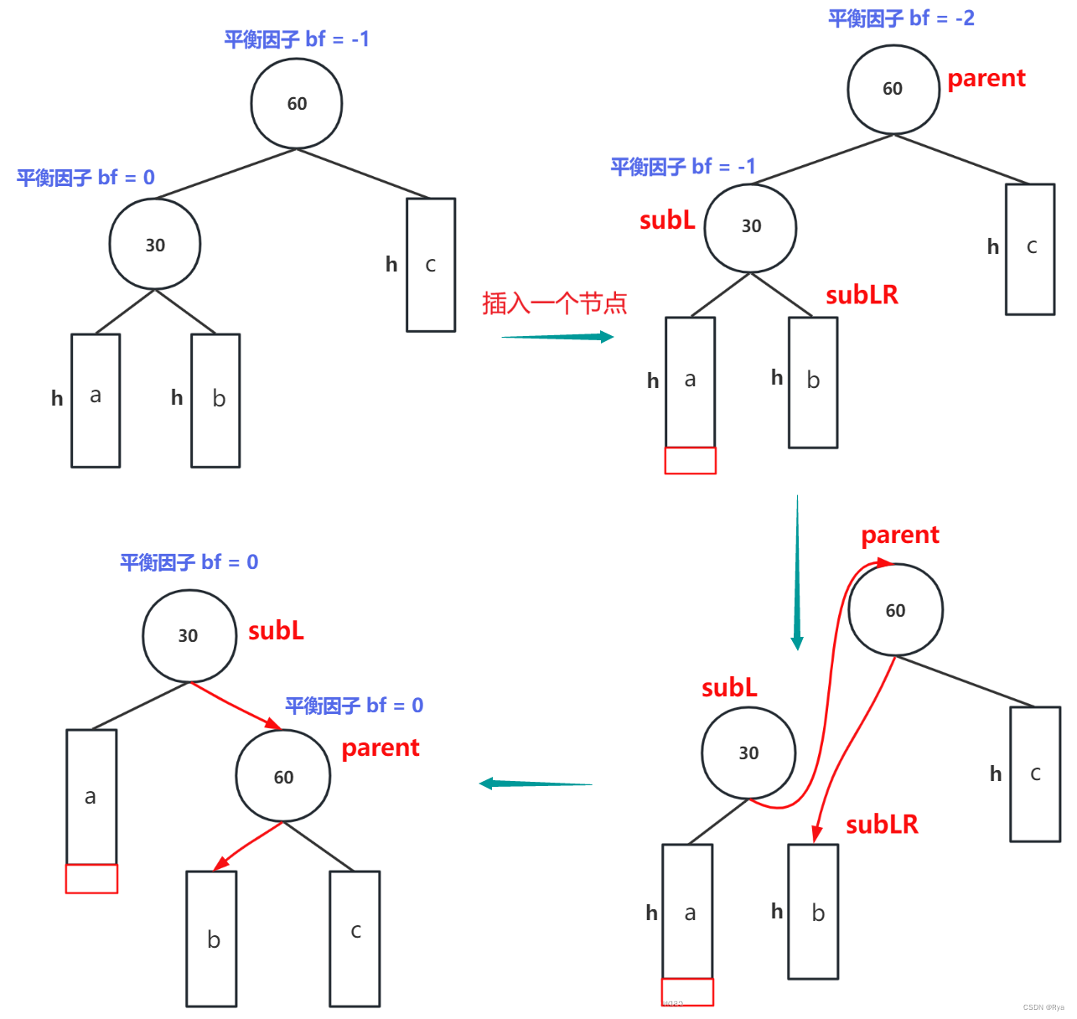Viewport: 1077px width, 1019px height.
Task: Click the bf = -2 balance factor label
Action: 901,18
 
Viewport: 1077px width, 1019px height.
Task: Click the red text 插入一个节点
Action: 554,303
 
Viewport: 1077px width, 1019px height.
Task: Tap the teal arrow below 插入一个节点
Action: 557,336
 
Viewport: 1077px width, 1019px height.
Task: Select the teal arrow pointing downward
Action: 797,572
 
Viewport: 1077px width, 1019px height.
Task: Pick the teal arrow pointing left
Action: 536,784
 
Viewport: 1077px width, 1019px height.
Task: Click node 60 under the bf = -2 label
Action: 893,90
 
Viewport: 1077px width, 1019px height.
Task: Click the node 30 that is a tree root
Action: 189,635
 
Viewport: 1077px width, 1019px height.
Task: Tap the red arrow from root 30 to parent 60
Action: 236,706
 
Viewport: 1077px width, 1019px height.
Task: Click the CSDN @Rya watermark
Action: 1043,1007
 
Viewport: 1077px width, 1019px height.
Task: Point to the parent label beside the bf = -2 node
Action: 986,79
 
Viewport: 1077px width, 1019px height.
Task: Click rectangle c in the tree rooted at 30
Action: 355,939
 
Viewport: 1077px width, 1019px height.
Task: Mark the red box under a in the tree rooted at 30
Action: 91,878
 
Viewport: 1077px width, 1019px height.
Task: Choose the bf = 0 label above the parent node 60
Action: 354,705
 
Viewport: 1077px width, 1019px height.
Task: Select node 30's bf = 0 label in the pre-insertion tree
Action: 86,178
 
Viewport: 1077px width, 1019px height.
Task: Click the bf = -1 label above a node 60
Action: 297,39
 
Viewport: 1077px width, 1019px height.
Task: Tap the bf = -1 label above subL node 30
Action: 682,167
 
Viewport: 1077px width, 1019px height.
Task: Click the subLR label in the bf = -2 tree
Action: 862,295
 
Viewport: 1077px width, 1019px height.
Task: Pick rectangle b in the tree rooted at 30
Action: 211,939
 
